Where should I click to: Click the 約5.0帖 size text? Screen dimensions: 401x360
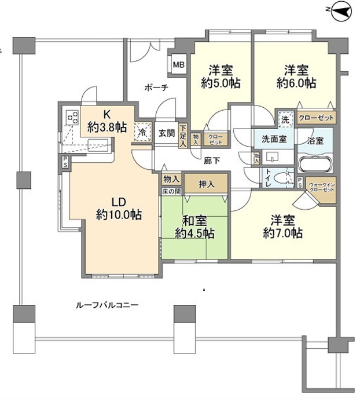(x=221, y=83)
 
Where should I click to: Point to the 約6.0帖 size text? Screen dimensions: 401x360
(x=296, y=83)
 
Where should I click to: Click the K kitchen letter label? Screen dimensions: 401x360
(x=107, y=114)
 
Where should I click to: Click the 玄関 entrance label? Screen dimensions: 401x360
(x=167, y=133)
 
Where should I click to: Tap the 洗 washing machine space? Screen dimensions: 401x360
(x=285, y=118)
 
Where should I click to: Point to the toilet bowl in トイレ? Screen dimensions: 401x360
(x=285, y=178)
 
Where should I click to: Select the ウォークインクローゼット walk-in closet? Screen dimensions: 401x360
(x=321, y=187)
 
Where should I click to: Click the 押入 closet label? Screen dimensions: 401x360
(x=206, y=184)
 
